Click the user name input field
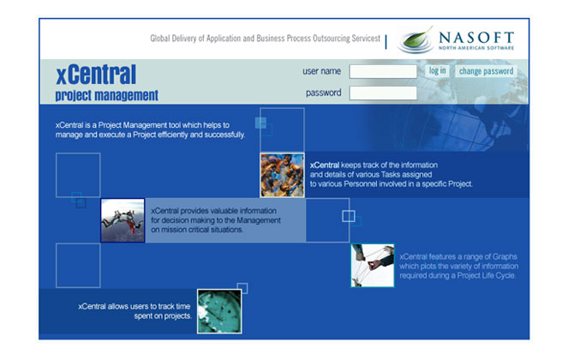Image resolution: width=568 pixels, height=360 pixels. (383, 71)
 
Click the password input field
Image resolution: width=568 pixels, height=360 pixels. (383, 93)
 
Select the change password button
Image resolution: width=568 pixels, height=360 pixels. (486, 71)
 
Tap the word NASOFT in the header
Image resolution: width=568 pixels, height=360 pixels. (476, 38)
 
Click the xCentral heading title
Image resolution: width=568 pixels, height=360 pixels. (96, 75)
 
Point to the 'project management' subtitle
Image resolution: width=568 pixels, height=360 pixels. (107, 95)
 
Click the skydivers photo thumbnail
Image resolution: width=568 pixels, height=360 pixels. (123, 220)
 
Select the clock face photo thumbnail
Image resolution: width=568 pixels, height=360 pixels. (219, 311)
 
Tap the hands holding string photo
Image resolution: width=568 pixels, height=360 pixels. (373, 266)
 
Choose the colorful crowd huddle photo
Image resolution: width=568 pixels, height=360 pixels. (282, 175)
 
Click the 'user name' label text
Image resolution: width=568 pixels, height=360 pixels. (321, 71)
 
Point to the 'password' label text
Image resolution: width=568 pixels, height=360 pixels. (324, 93)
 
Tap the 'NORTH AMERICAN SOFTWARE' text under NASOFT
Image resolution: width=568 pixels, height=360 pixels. (476, 48)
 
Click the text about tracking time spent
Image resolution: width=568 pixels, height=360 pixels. (135, 311)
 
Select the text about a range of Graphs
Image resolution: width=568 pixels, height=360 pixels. (458, 266)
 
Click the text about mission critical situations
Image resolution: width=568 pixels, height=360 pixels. (216, 220)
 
